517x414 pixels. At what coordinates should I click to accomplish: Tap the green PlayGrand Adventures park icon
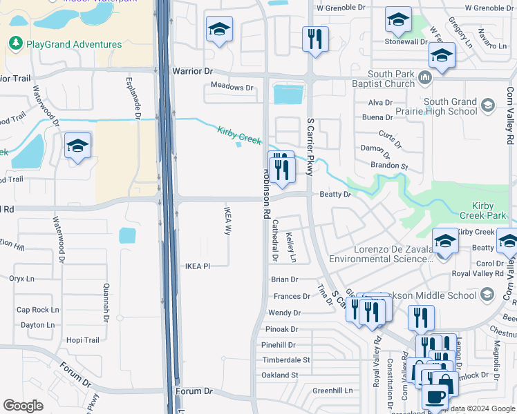point(15,44)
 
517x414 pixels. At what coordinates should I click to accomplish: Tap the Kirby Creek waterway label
point(239,135)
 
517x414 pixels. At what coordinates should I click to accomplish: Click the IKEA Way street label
point(227,220)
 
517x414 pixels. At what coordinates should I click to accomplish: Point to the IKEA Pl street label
point(197,266)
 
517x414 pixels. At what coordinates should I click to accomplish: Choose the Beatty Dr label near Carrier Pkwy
point(335,195)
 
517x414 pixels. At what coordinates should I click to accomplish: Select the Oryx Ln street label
point(21,279)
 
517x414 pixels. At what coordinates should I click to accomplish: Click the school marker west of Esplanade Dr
point(78,146)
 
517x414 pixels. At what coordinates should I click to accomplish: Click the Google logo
point(23,406)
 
